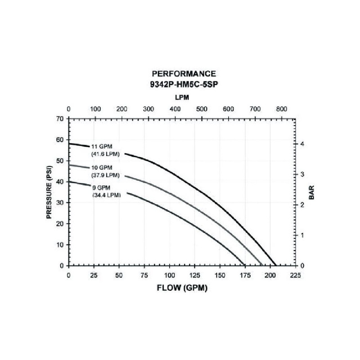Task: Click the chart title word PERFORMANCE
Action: (184, 73)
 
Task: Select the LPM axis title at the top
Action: (181, 97)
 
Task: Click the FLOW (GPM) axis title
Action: (182, 288)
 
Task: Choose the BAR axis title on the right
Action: (311, 191)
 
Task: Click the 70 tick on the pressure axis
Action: (60, 118)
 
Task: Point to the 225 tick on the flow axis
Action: (294, 274)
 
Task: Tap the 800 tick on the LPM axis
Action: (281, 109)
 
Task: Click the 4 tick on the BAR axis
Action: (303, 144)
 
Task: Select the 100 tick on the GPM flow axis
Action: (169, 274)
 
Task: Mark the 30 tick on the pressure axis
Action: (60, 202)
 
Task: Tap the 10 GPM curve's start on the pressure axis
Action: (69, 165)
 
